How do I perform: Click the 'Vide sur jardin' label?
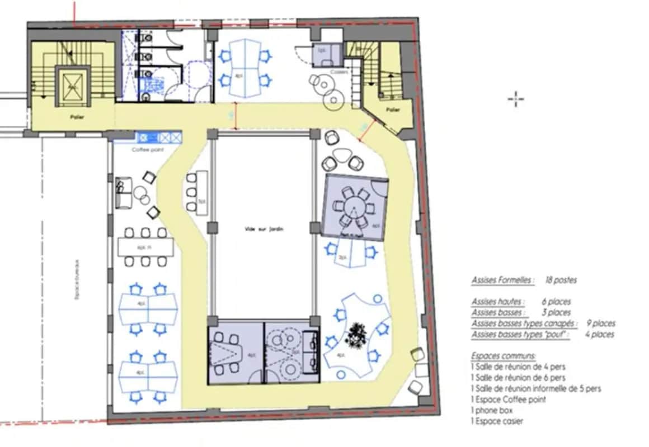coord(262,229)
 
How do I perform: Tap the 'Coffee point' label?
coord(147,150)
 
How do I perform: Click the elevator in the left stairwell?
coord(72,87)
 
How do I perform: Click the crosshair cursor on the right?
coord(515,100)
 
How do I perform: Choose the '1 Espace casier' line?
coord(497,421)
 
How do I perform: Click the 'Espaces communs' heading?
coord(503,356)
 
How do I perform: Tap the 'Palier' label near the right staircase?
coord(393,110)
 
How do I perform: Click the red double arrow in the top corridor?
coord(236,117)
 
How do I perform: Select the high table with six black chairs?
coord(145,246)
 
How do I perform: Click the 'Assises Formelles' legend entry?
coord(502,280)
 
